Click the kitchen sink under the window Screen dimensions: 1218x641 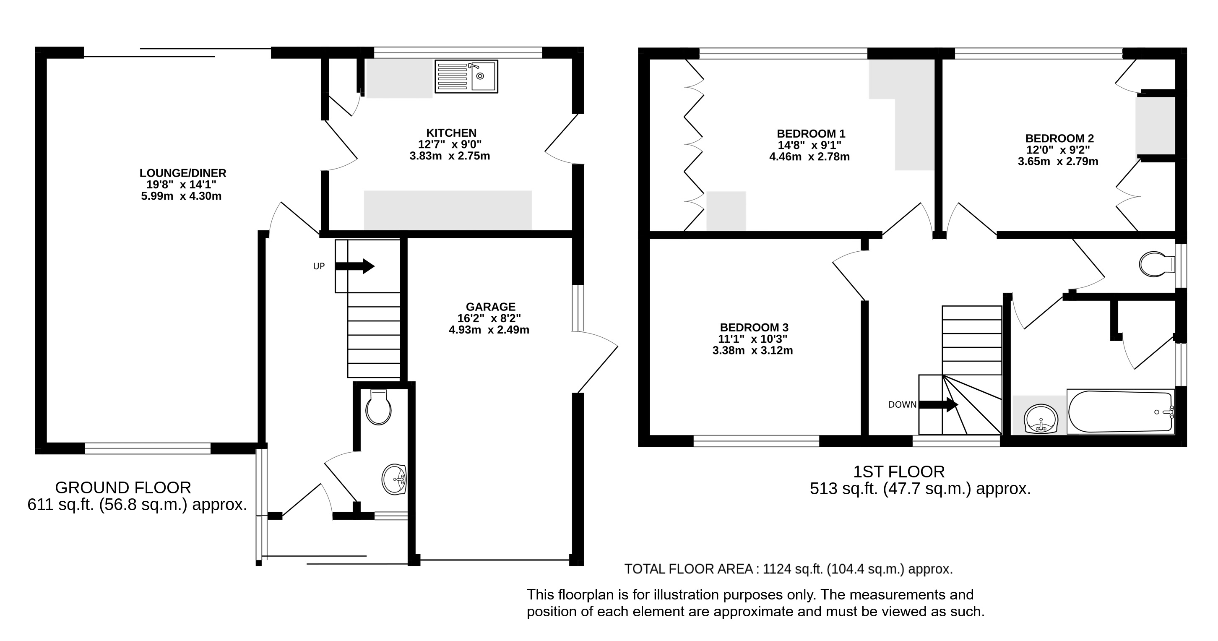(466, 76)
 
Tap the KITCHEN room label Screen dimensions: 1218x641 (451, 133)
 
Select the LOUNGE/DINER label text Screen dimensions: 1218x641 (182, 173)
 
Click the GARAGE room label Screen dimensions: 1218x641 (490, 307)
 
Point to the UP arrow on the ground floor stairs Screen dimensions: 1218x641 (354, 266)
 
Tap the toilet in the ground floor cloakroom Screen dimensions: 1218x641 (378, 407)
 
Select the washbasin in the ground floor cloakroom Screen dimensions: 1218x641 (394, 479)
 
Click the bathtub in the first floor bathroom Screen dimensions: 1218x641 (1121, 411)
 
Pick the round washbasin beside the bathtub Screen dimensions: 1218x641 (1040, 419)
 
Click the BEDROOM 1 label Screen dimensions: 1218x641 (811, 133)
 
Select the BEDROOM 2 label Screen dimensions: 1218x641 (1059, 138)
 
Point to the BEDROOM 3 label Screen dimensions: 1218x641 (754, 327)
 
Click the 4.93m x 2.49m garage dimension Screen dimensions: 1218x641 (489, 330)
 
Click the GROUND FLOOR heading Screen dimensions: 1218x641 (123, 488)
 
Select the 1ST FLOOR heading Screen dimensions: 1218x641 (899, 472)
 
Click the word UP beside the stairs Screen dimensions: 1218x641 (319, 266)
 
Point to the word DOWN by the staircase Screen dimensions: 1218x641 (902, 405)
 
